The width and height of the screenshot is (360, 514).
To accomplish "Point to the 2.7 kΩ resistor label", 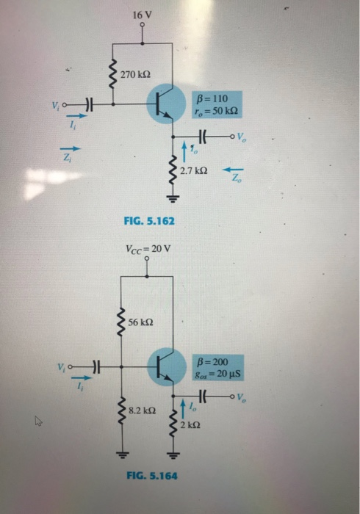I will point(195,170).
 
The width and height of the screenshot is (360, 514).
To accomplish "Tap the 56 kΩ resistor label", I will point(141,323).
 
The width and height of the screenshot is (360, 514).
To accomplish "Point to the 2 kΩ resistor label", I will point(192,426).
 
